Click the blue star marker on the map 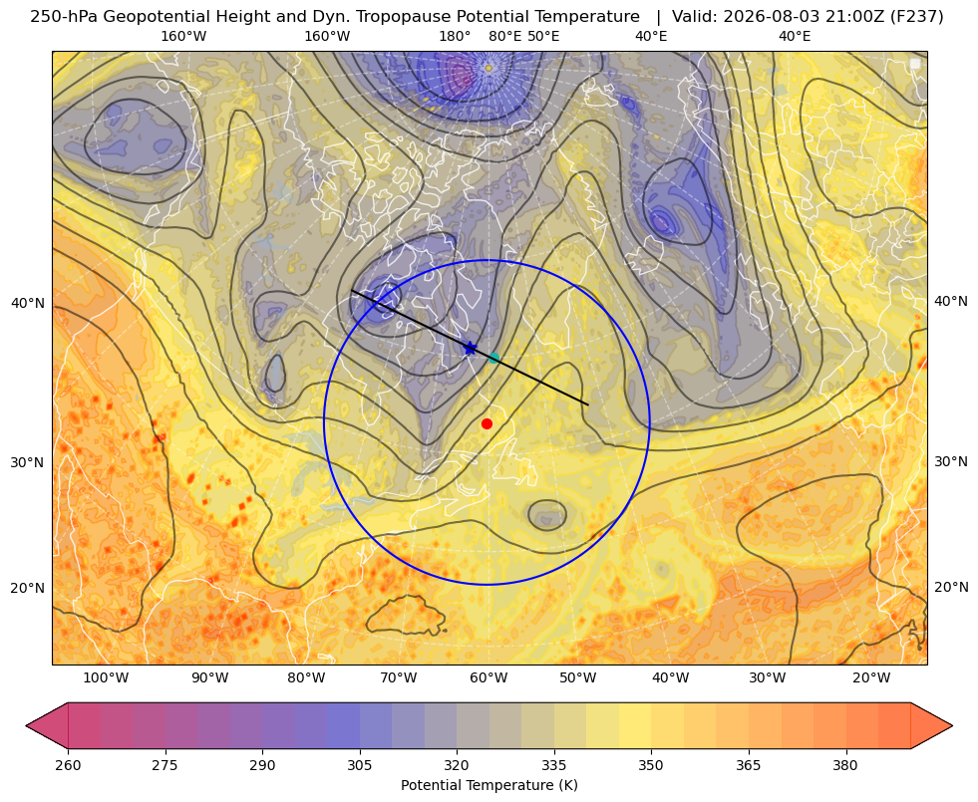click(471, 349)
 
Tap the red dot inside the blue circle click(488, 423)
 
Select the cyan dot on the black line click(494, 358)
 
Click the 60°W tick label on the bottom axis click(489, 678)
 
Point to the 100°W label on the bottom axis click(106, 678)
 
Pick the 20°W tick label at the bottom click(871, 678)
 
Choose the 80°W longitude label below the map click(306, 678)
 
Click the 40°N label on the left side click(28, 304)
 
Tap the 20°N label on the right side click(951, 587)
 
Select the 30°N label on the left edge click(28, 463)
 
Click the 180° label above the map click(455, 36)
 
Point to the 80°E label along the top click(505, 36)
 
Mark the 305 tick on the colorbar click(359, 764)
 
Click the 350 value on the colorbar click(651, 764)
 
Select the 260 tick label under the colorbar click(68, 764)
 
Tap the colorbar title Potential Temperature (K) click(489, 785)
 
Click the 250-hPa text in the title click(64, 17)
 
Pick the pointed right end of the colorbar click(951, 725)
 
